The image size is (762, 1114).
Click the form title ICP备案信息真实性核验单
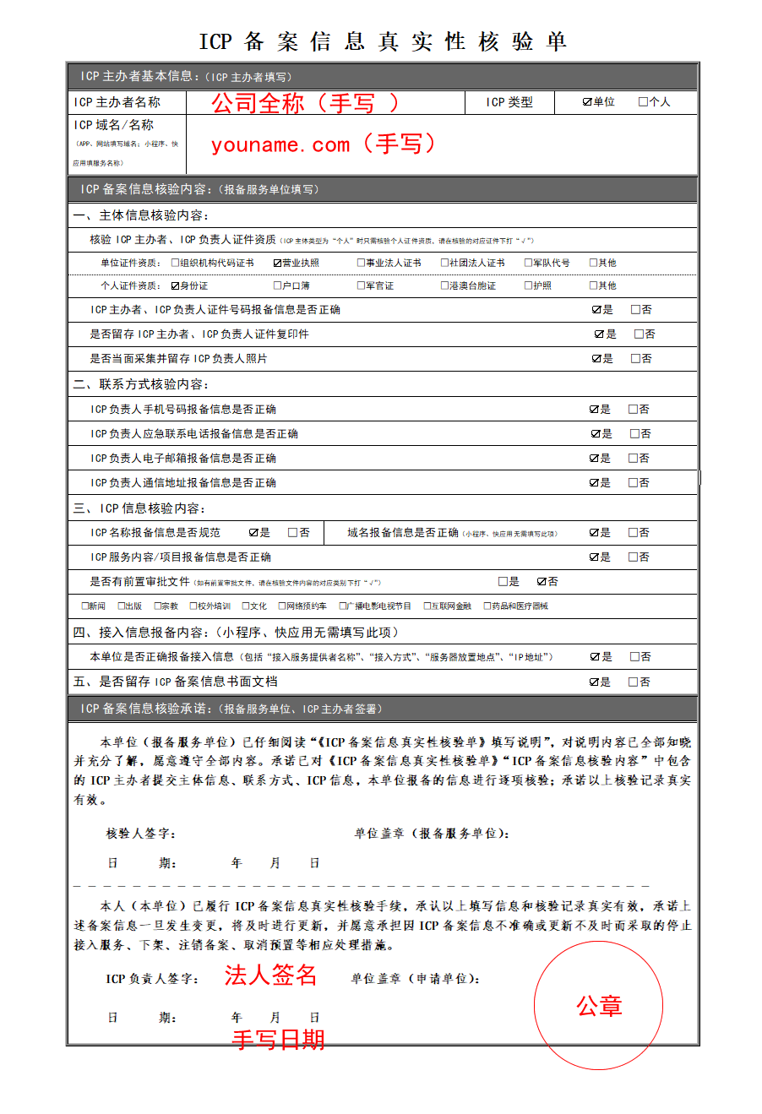pyautogui.click(x=382, y=41)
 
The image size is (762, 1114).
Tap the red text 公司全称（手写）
pyautogui.click(x=304, y=103)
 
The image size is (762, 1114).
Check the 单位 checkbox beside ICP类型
pyautogui.click(x=587, y=102)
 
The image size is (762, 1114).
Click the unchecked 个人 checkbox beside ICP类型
pyautogui.click(x=643, y=102)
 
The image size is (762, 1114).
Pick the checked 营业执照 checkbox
pyautogui.click(x=277, y=263)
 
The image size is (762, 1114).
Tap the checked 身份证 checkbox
pyautogui.click(x=176, y=285)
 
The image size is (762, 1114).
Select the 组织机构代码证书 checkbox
pyautogui.click(x=176, y=263)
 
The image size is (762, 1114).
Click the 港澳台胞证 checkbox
pyautogui.click(x=444, y=285)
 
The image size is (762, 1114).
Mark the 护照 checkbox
pyautogui.click(x=528, y=285)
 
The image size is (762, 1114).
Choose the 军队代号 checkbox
pyautogui.click(x=528, y=263)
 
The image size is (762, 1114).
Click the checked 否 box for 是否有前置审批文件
pyautogui.click(x=542, y=582)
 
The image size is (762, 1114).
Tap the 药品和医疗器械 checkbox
pyautogui.click(x=487, y=606)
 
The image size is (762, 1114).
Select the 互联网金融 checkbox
pyautogui.click(x=427, y=606)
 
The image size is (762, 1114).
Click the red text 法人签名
pyautogui.click(x=270, y=975)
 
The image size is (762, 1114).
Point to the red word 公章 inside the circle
pyautogui.click(x=599, y=1006)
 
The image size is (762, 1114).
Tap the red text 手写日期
pyautogui.click(x=278, y=1040)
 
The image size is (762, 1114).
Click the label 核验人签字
pyautogui.click(x=140, y=834)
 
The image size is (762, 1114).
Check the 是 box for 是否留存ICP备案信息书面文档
pyautogui.click(x=595, y=682)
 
